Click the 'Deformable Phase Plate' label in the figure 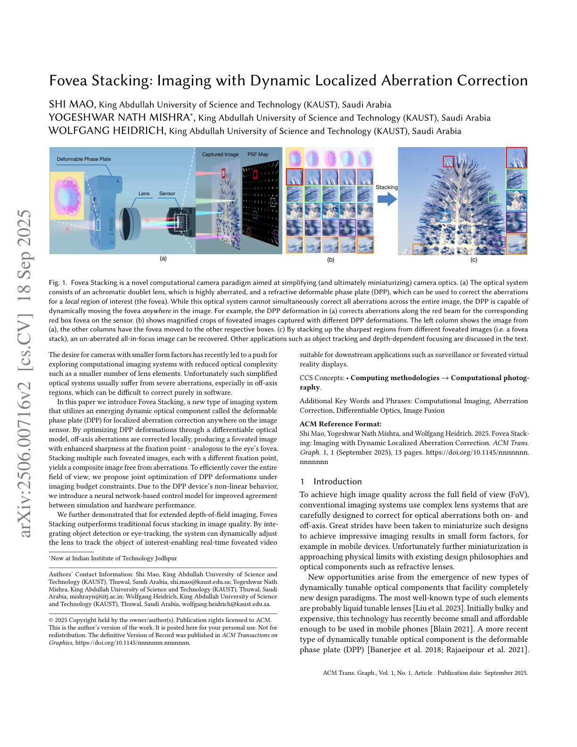[x=84, y=159]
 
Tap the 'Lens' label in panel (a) [x=144, y=193]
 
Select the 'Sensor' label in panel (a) [x=167, y=193]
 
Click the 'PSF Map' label [x=258, y=154]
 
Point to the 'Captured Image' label [x=220, y=154]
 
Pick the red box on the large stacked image [x=448, y=161]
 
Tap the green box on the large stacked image [x=494, y=197]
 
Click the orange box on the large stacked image [x=418, y=249]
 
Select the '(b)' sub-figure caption [x=330, y=260]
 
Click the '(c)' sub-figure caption [x=474, y=260]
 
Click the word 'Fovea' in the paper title [x=68, y=81]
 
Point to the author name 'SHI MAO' [x=72, y=104]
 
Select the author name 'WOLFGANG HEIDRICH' [x=107, y=131]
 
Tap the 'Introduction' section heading [x=338, y=481]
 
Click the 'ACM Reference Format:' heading [x=334, y=424]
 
